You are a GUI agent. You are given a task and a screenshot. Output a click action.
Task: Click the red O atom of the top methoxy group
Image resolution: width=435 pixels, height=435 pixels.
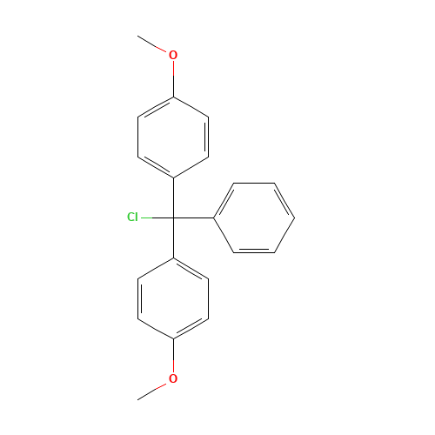tap(172, 55)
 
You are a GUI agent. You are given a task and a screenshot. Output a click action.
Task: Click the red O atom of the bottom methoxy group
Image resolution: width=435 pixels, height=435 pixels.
tap(172, 378)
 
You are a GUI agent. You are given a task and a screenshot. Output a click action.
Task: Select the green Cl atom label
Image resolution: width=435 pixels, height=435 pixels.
tap(132, 217)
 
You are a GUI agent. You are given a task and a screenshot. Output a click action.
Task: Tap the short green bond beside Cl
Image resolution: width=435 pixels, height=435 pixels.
tap(146, 217)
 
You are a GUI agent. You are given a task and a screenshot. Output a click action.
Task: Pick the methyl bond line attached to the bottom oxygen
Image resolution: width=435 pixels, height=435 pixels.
tap(152, 390)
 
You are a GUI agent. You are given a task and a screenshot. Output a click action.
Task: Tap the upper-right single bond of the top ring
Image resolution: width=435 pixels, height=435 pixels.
tap(191, 106)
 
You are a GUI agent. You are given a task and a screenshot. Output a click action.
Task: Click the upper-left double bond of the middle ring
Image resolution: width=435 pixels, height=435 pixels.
tap(224, 199)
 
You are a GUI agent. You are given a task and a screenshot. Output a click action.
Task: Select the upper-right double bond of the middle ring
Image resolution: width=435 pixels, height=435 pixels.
tap(284, 199)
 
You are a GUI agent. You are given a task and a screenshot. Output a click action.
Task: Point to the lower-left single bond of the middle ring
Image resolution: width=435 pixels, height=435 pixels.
tap(224, 235)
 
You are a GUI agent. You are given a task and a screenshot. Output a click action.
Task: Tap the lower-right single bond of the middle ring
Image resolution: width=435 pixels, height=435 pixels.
tap(284, 235)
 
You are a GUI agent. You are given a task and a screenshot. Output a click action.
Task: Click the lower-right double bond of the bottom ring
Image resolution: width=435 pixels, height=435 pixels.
tap(191, 328)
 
